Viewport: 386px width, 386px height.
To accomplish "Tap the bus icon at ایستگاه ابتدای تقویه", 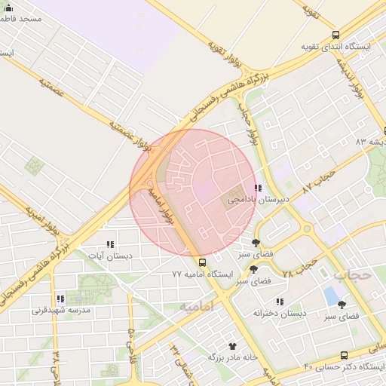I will [x=335, y=35].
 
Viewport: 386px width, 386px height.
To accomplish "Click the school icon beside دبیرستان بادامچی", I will [x=258, y=188].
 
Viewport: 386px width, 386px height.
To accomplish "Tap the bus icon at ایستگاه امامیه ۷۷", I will [x=201, y=262].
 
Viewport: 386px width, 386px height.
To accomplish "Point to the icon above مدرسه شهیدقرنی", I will [x=60, y=299].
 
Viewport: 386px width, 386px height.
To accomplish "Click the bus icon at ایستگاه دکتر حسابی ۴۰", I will [x=344, y=355].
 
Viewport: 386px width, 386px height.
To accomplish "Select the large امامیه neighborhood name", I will [x=197, y=305].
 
